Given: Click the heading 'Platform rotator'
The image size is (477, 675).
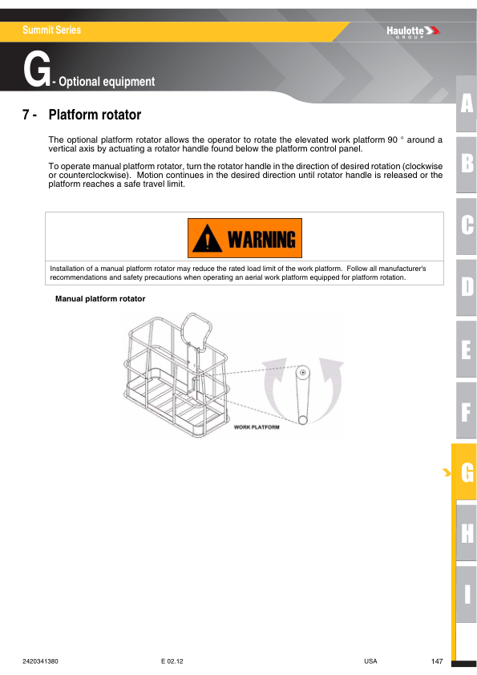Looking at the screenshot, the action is click(x=95, y=115).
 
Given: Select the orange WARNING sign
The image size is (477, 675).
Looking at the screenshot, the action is click(x=245, y=238).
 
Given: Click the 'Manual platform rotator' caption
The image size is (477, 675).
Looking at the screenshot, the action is click(x=99, y=300).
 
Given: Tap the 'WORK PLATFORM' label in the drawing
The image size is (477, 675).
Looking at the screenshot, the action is click(x=257, y=427).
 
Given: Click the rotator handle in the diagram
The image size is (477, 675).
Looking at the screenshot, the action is click(x=303, y=395).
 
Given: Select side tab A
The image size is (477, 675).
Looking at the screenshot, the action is click(x=467, y=103).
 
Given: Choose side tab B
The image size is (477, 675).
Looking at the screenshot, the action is click(x=467, y=164).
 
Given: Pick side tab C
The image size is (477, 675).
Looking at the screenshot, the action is click(x=467, y=225).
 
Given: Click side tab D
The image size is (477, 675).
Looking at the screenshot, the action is click(x=467, y=286).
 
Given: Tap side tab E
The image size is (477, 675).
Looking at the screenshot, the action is click(x=467, y=349).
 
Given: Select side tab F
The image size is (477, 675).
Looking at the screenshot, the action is click(x=467, y=410).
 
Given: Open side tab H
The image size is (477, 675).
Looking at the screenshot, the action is click(x=467, y=533).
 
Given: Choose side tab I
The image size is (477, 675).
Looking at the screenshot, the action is click(x=467, y=595).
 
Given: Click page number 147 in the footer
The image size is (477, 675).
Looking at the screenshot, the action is click(x=437, y=661).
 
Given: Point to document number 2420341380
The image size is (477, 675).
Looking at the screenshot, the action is click(x=41, y=661).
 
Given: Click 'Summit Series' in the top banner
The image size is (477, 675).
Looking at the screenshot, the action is click(x=52, y=30).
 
